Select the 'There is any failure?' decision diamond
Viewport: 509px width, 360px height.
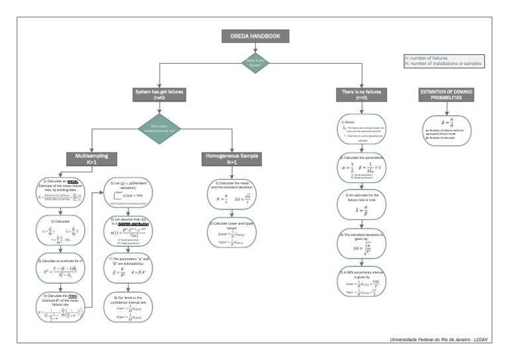pos(254,63)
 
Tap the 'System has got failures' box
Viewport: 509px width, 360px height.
pos(159,95)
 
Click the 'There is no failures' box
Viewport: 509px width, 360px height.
pos(358,95)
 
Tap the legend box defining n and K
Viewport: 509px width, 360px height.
pos(443,61)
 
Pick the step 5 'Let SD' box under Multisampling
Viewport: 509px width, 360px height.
pos(130,193)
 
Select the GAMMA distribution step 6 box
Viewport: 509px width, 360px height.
pos(130,231)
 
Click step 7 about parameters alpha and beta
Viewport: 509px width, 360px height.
pos(130,270)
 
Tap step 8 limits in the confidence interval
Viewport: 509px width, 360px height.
pos(130,308)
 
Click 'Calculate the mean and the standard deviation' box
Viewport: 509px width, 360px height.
pos(233,193)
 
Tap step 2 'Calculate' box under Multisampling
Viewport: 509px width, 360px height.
pos(58,231)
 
